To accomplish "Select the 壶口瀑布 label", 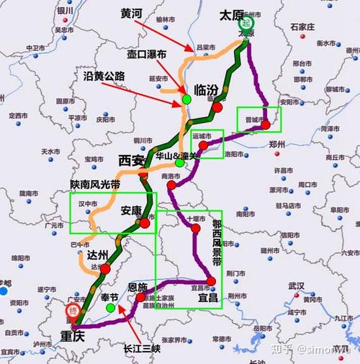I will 146,54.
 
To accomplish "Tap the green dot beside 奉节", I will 109,308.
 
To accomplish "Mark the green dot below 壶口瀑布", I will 186,98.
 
